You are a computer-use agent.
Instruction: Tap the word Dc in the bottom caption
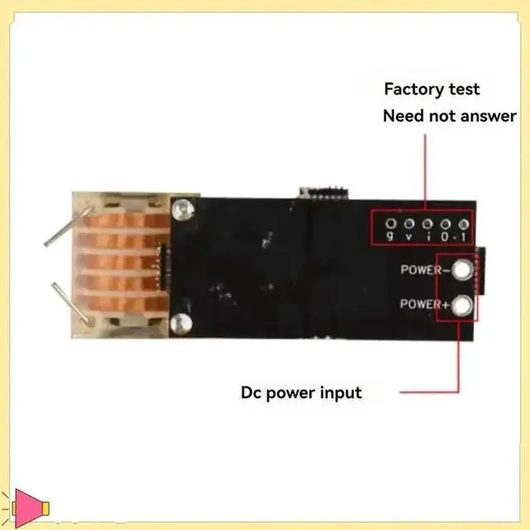(x=252, y=392)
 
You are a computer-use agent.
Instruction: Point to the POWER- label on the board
(x=424, y=269)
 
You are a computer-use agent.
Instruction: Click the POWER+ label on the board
(x=424, y=304)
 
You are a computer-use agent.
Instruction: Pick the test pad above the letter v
(x=409, y=224)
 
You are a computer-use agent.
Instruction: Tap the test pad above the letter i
(x=427, y=224)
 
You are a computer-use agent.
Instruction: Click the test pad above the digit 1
(x=464, y=224)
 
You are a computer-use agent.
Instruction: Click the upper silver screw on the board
(x=177, y=209)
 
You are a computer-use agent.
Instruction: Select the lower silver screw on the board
(x=177, y=322)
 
